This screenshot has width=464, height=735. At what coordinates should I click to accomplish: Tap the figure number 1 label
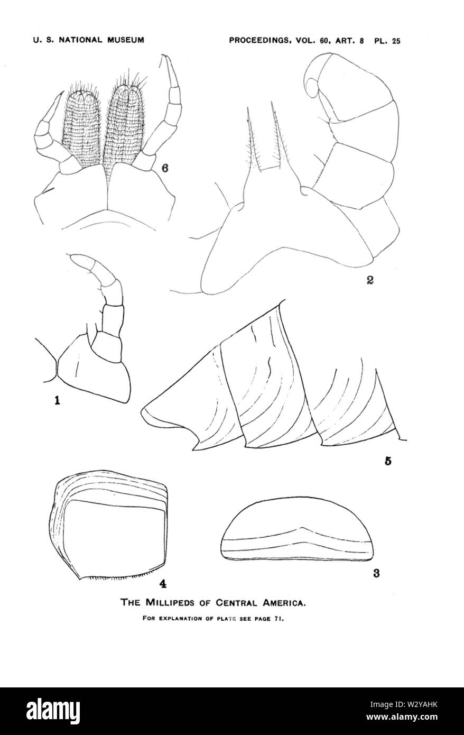(58, 400)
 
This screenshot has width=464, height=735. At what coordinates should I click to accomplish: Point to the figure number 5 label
(388, 461)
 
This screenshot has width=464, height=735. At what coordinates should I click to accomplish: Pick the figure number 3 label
(376, 573)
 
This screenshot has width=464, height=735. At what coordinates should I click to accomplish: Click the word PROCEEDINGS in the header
(261, 40)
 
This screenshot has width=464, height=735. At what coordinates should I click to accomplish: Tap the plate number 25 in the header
(396, 41)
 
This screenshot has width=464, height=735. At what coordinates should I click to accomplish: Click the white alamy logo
(53, 708)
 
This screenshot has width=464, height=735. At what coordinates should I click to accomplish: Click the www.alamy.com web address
(407, 715)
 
